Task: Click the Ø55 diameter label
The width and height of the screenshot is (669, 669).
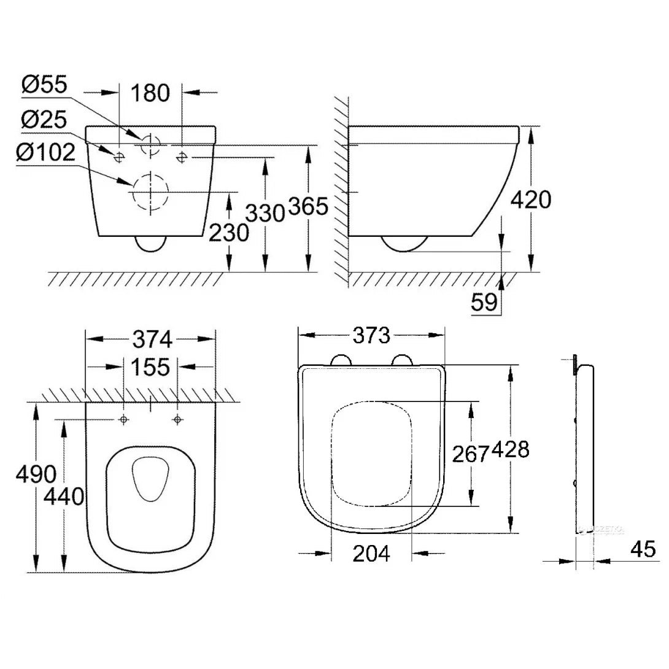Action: [x=44, y=85]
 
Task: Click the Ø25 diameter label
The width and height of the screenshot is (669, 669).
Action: [x=44, y=119]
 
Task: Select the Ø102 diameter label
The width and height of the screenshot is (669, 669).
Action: [x=48, y=152]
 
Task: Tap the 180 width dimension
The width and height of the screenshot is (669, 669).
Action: [x=150, y=93]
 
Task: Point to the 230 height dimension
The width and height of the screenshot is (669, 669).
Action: [x=228, y=233]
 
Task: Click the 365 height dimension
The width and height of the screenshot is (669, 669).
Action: [x=309, y=207]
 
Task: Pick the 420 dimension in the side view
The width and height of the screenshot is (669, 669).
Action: [x=532, y=199]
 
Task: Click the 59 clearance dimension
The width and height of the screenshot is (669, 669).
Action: [x=484, y=303]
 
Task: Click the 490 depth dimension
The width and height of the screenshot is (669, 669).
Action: [x=36, y=473]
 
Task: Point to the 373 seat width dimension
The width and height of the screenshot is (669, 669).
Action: [x=371, y=335]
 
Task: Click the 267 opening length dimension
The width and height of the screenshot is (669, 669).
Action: [x=470, y=454]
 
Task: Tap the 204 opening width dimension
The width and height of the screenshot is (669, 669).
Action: [x=371, y=554]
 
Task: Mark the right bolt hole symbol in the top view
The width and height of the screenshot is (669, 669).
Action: [x=177, y=419]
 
